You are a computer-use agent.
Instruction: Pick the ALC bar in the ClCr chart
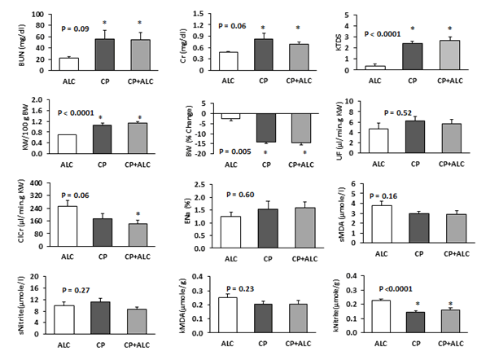(x=67, y=225)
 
